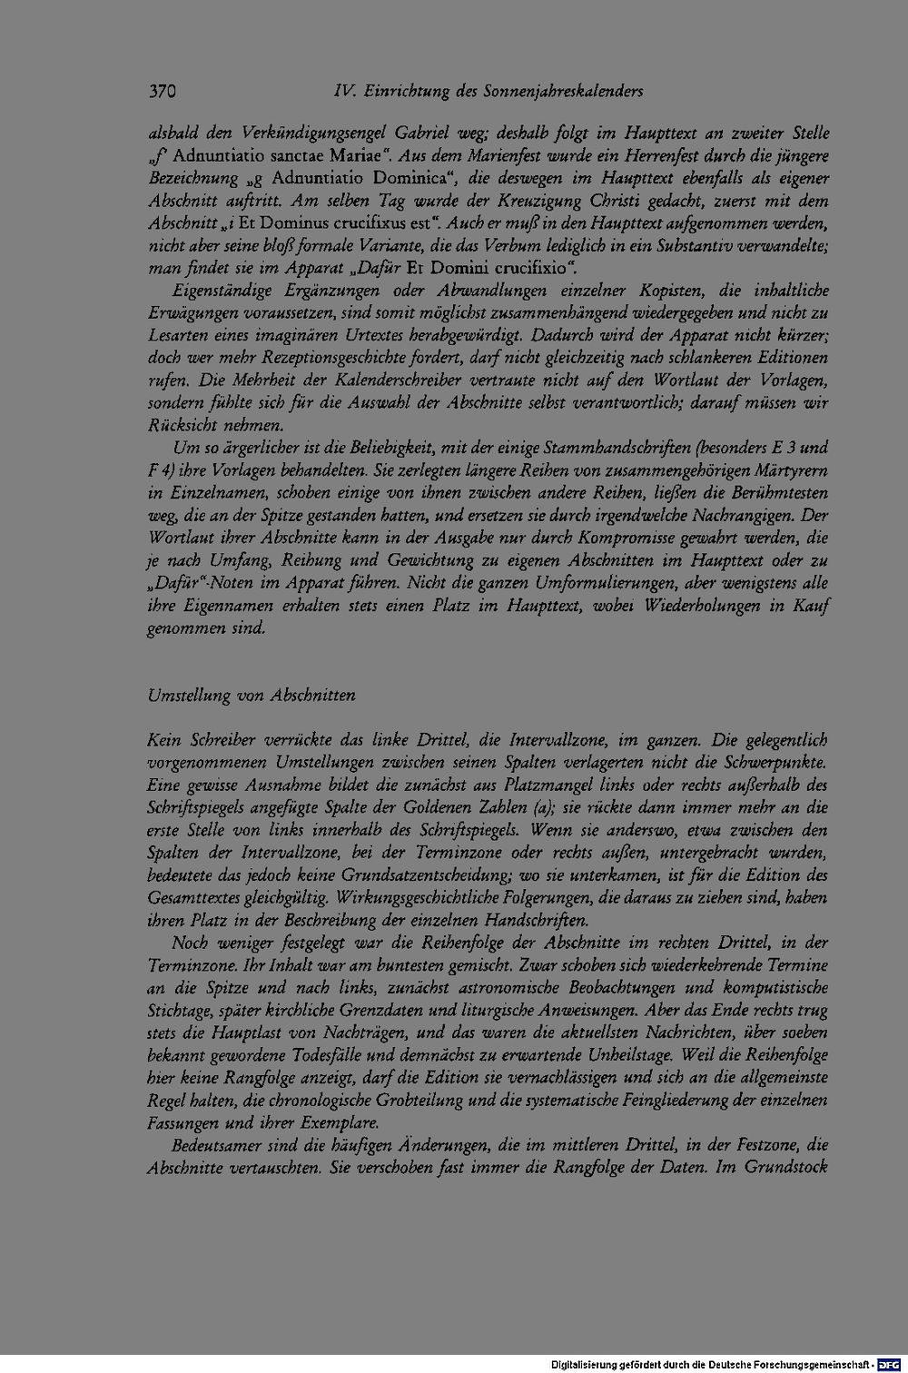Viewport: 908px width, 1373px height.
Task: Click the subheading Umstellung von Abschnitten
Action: click(251, 695)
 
